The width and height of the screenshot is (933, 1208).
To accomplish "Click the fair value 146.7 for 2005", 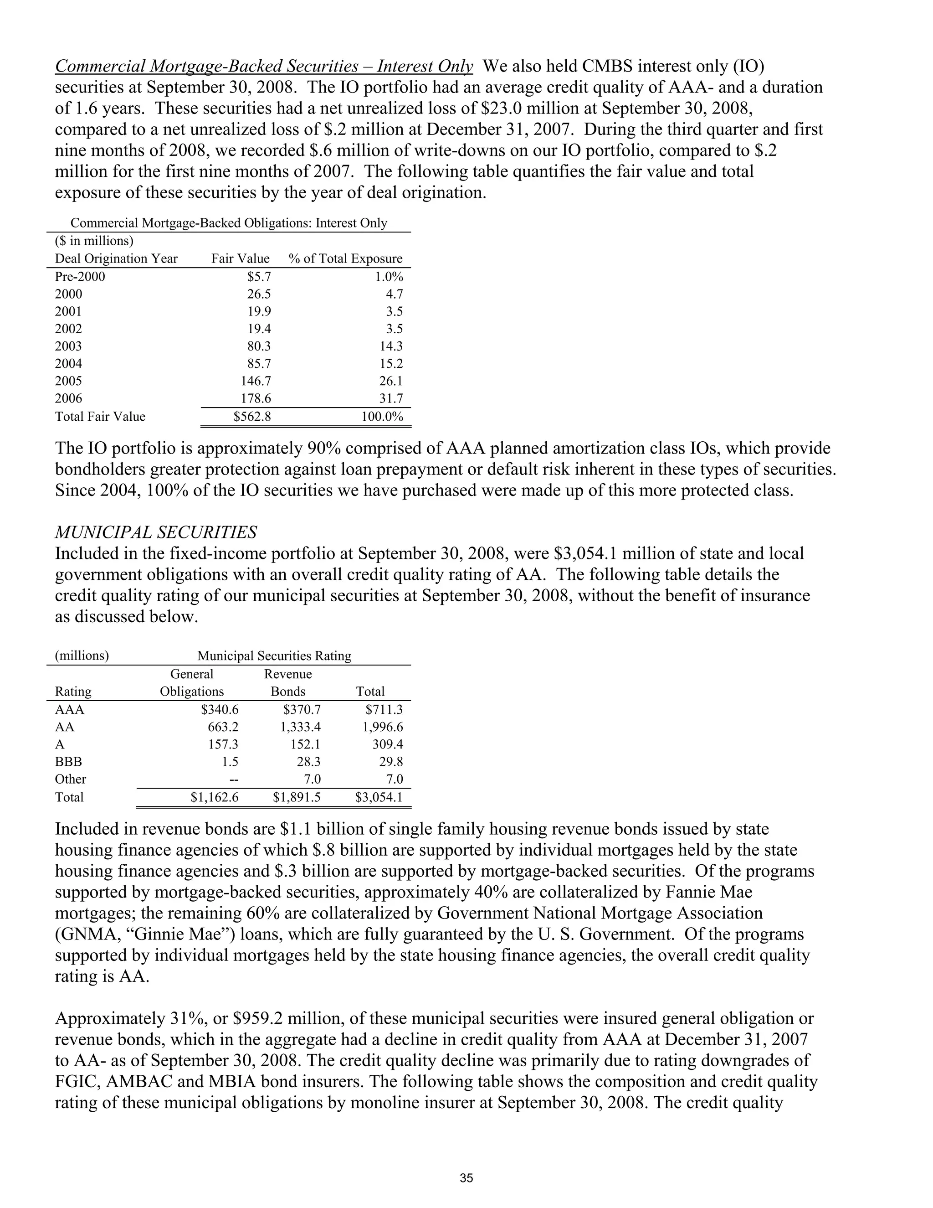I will [x=256, y=381].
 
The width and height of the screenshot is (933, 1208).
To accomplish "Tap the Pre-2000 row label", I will [x=80, y=277].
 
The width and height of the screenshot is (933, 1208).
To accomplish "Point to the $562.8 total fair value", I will [x=252, y=417].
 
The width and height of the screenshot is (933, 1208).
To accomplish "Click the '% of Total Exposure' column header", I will [x=345, y=259].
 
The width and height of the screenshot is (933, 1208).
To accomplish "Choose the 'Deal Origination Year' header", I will [x=116, y=259].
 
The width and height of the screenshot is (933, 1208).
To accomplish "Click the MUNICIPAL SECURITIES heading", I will [x=156, y=532].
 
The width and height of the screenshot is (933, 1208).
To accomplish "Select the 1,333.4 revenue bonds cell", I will [x=300, y=727].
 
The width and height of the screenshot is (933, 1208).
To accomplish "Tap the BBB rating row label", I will [x=68, y=762].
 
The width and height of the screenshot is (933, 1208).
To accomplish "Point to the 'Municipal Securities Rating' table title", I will [x=274, y=656].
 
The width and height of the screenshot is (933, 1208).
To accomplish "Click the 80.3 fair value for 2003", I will [x=259, y=346].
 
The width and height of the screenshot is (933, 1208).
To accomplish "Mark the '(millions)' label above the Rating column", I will [x=82, y=656].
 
